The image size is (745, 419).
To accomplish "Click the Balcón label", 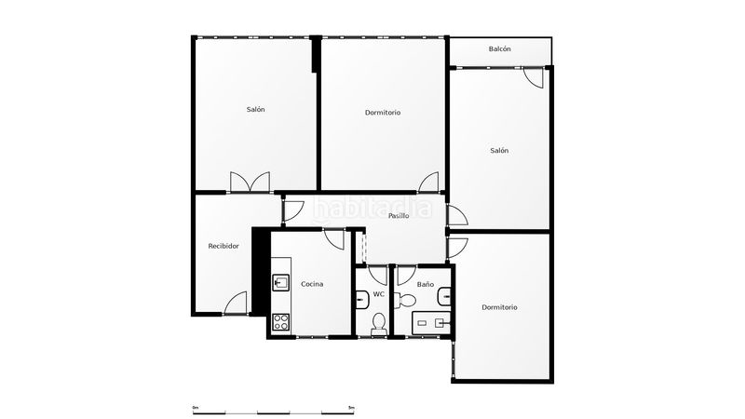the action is [x=499, y=49].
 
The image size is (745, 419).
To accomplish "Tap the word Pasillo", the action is [x=399, y=216].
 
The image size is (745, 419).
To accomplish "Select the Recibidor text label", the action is [x=223, y=246].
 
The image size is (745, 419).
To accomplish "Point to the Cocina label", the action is [x=312, y=284].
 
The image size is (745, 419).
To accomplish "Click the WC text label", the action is [x=379, y=294].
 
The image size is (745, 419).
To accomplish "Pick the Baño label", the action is [x=426, y=285].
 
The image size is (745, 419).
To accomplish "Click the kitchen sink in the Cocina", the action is [x=281, y=282].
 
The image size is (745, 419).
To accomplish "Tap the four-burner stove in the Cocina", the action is [x=281, y=322].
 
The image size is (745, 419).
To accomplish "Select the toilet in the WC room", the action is [x=379, y=324].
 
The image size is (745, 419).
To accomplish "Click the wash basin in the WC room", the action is [x=361, y=300].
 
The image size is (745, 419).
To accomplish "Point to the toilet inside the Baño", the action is [x=404, y=300].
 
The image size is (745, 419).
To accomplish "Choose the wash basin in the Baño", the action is [x=444, y=296].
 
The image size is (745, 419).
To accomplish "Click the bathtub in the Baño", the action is [x=431, y=323].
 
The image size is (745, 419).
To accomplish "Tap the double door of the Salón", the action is [x=250, y=182].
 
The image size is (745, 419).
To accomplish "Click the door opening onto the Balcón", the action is [x=534, y=78].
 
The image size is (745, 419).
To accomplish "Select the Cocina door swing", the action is [x=333, y=239].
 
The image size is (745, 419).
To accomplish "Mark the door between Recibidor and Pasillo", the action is [x=293, y=212].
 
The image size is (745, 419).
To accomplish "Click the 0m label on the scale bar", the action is [x=196, y=408].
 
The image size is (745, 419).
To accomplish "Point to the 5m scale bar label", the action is [x=351, y=408].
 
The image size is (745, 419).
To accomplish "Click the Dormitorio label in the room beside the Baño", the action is [x=499, y=307].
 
